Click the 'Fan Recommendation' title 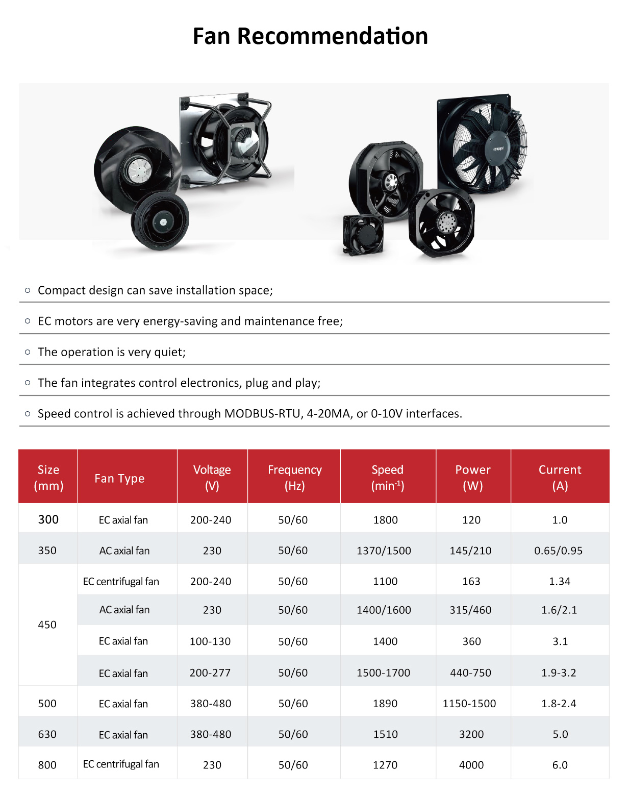coord(310,36)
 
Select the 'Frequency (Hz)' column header coord(294,477)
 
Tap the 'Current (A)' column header coord(560,477)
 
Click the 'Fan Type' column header coord(119,478)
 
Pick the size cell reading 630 coord(47,734)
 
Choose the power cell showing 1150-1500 coord(469,704)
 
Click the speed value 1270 coord(385,765)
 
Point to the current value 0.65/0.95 coord(558,551)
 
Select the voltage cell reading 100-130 coord(210,641)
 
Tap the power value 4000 coord(471,765)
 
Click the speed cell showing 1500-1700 coord(384,673)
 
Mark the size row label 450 coord(47,625)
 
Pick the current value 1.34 coord(560,581)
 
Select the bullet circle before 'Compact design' coord(28,290)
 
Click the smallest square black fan coord(363,234)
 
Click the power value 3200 coord(471,734)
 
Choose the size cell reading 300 coord(48,519)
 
